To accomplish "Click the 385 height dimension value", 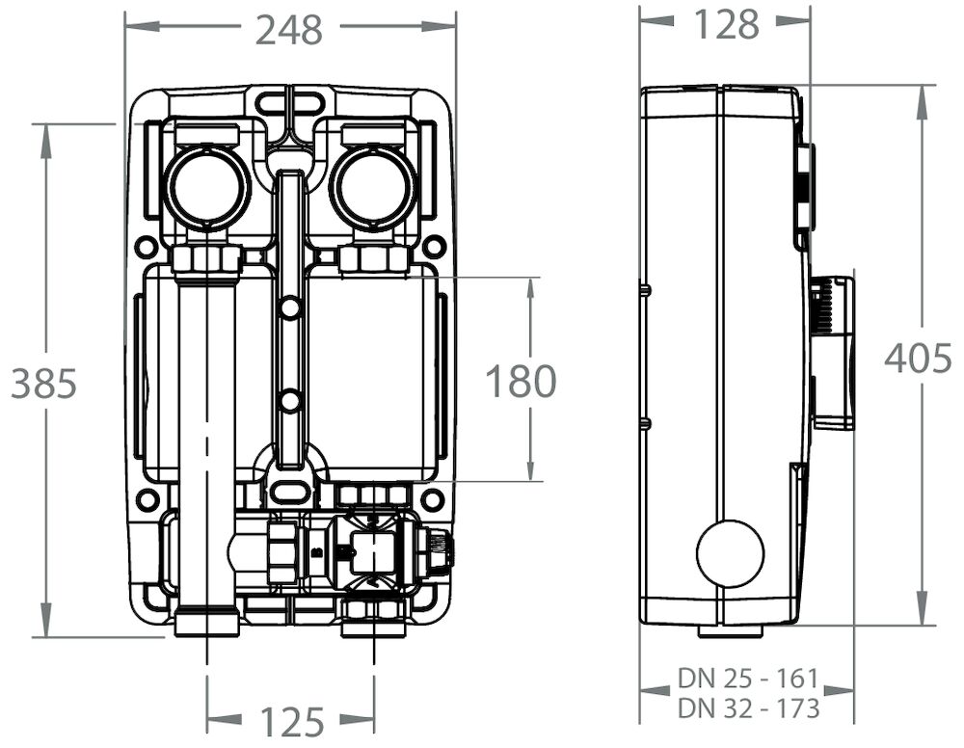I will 43,384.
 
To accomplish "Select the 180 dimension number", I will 521,382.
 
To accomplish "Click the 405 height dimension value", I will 919,359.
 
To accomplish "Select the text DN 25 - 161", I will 748,678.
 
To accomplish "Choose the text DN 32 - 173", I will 748,708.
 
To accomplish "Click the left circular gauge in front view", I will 206,187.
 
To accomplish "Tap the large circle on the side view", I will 730,553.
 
